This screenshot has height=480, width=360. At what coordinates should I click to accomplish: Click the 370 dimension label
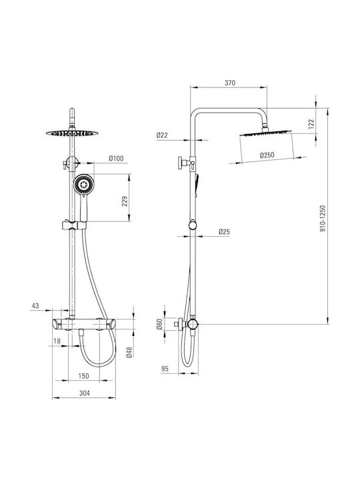pos(230,83)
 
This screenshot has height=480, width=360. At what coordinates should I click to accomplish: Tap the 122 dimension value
pos(311,124)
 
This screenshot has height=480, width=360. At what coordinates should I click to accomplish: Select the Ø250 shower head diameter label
pos(267,155)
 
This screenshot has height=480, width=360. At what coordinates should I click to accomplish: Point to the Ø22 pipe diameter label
pos(162,135)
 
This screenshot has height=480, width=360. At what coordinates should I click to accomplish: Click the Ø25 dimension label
pos(224,232)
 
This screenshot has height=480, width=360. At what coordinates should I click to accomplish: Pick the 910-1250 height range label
pos(323,218)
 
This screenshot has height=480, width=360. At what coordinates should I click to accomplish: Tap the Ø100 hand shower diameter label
pos(116,158)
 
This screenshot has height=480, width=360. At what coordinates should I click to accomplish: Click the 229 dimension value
pos(125,201)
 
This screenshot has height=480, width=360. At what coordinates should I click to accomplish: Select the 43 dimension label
pos(35,305)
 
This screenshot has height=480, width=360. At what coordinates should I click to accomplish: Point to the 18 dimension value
pos(57,341)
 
